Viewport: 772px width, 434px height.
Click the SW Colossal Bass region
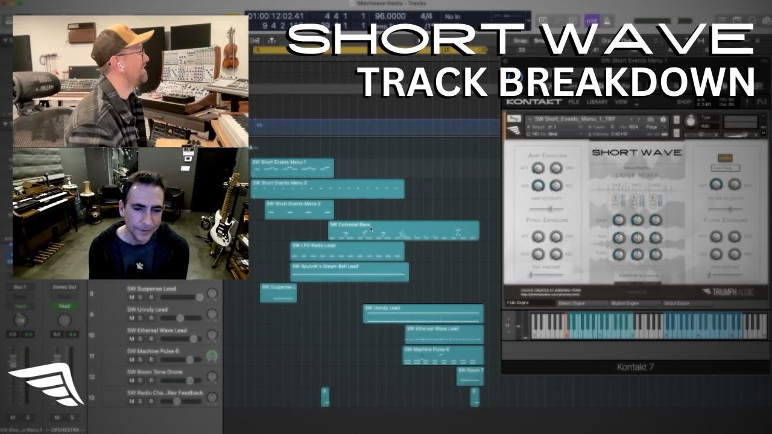403,230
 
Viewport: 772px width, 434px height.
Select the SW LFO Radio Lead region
347,250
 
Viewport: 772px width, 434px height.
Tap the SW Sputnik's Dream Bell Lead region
349,272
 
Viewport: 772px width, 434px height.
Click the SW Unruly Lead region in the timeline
423,313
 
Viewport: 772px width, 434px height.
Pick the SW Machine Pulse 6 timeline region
443,355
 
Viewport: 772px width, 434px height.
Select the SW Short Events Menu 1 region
292,168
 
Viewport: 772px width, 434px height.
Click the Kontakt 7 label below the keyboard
635,367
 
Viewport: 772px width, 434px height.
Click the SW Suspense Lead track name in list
151,289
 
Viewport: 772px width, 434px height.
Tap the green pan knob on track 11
212,356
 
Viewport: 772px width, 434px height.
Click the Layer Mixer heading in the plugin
637,175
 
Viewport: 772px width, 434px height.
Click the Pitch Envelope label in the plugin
547,220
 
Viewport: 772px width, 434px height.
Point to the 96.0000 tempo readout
390,17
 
